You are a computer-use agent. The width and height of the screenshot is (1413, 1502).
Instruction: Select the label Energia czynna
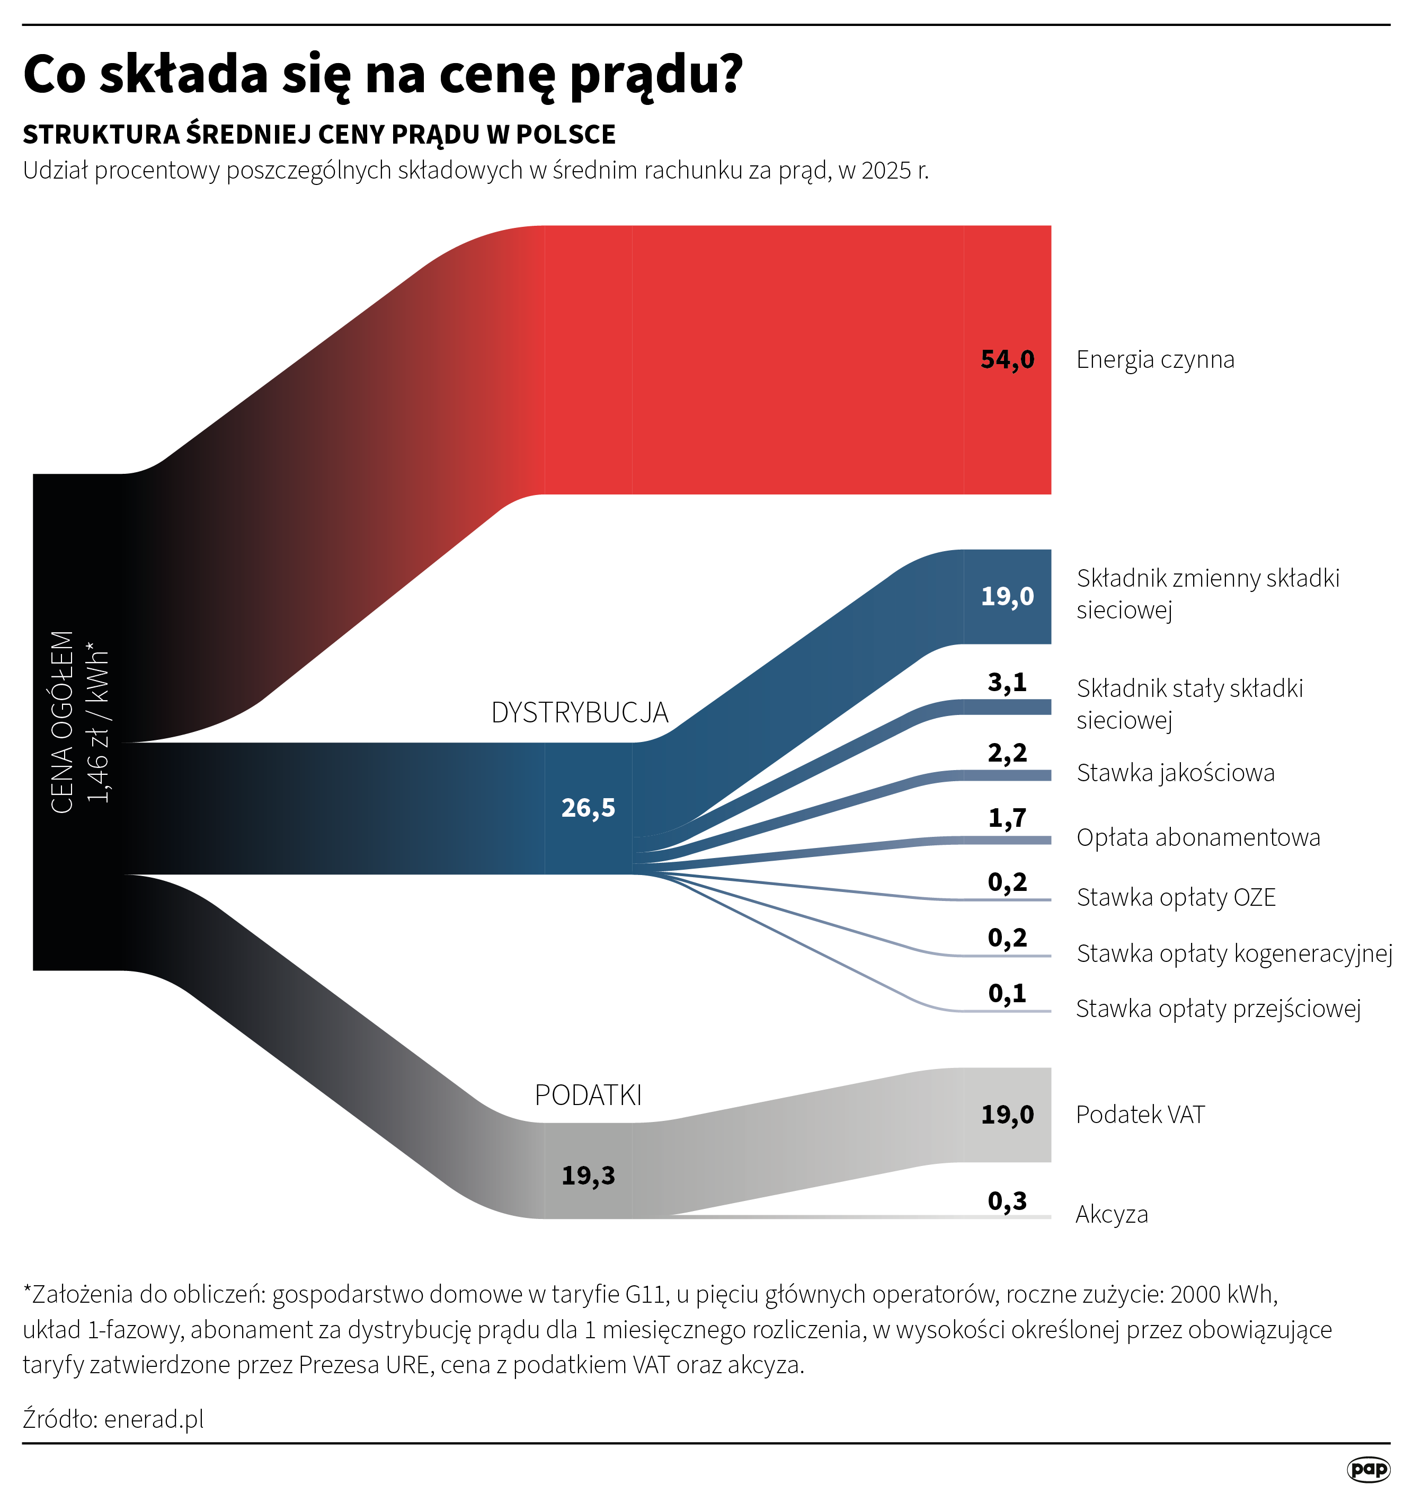click(1154, 360)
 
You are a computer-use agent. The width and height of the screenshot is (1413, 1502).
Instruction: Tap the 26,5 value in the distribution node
click(588, 808)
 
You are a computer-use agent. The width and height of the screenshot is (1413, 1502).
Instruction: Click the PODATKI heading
click(588, 1095)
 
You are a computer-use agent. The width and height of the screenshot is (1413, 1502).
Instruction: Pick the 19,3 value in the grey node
click(588, 1175)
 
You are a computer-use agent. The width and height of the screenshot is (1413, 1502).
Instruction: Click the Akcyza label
click(1111, 1214)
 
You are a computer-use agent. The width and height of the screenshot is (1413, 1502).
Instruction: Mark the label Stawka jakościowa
click(1175, 773)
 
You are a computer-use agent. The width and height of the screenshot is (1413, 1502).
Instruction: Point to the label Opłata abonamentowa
click(1198, 837)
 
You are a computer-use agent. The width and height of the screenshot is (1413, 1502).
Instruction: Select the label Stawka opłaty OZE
click(1176, 898)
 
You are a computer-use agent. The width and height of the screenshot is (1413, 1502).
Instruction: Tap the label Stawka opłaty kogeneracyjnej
click(1234, 953)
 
